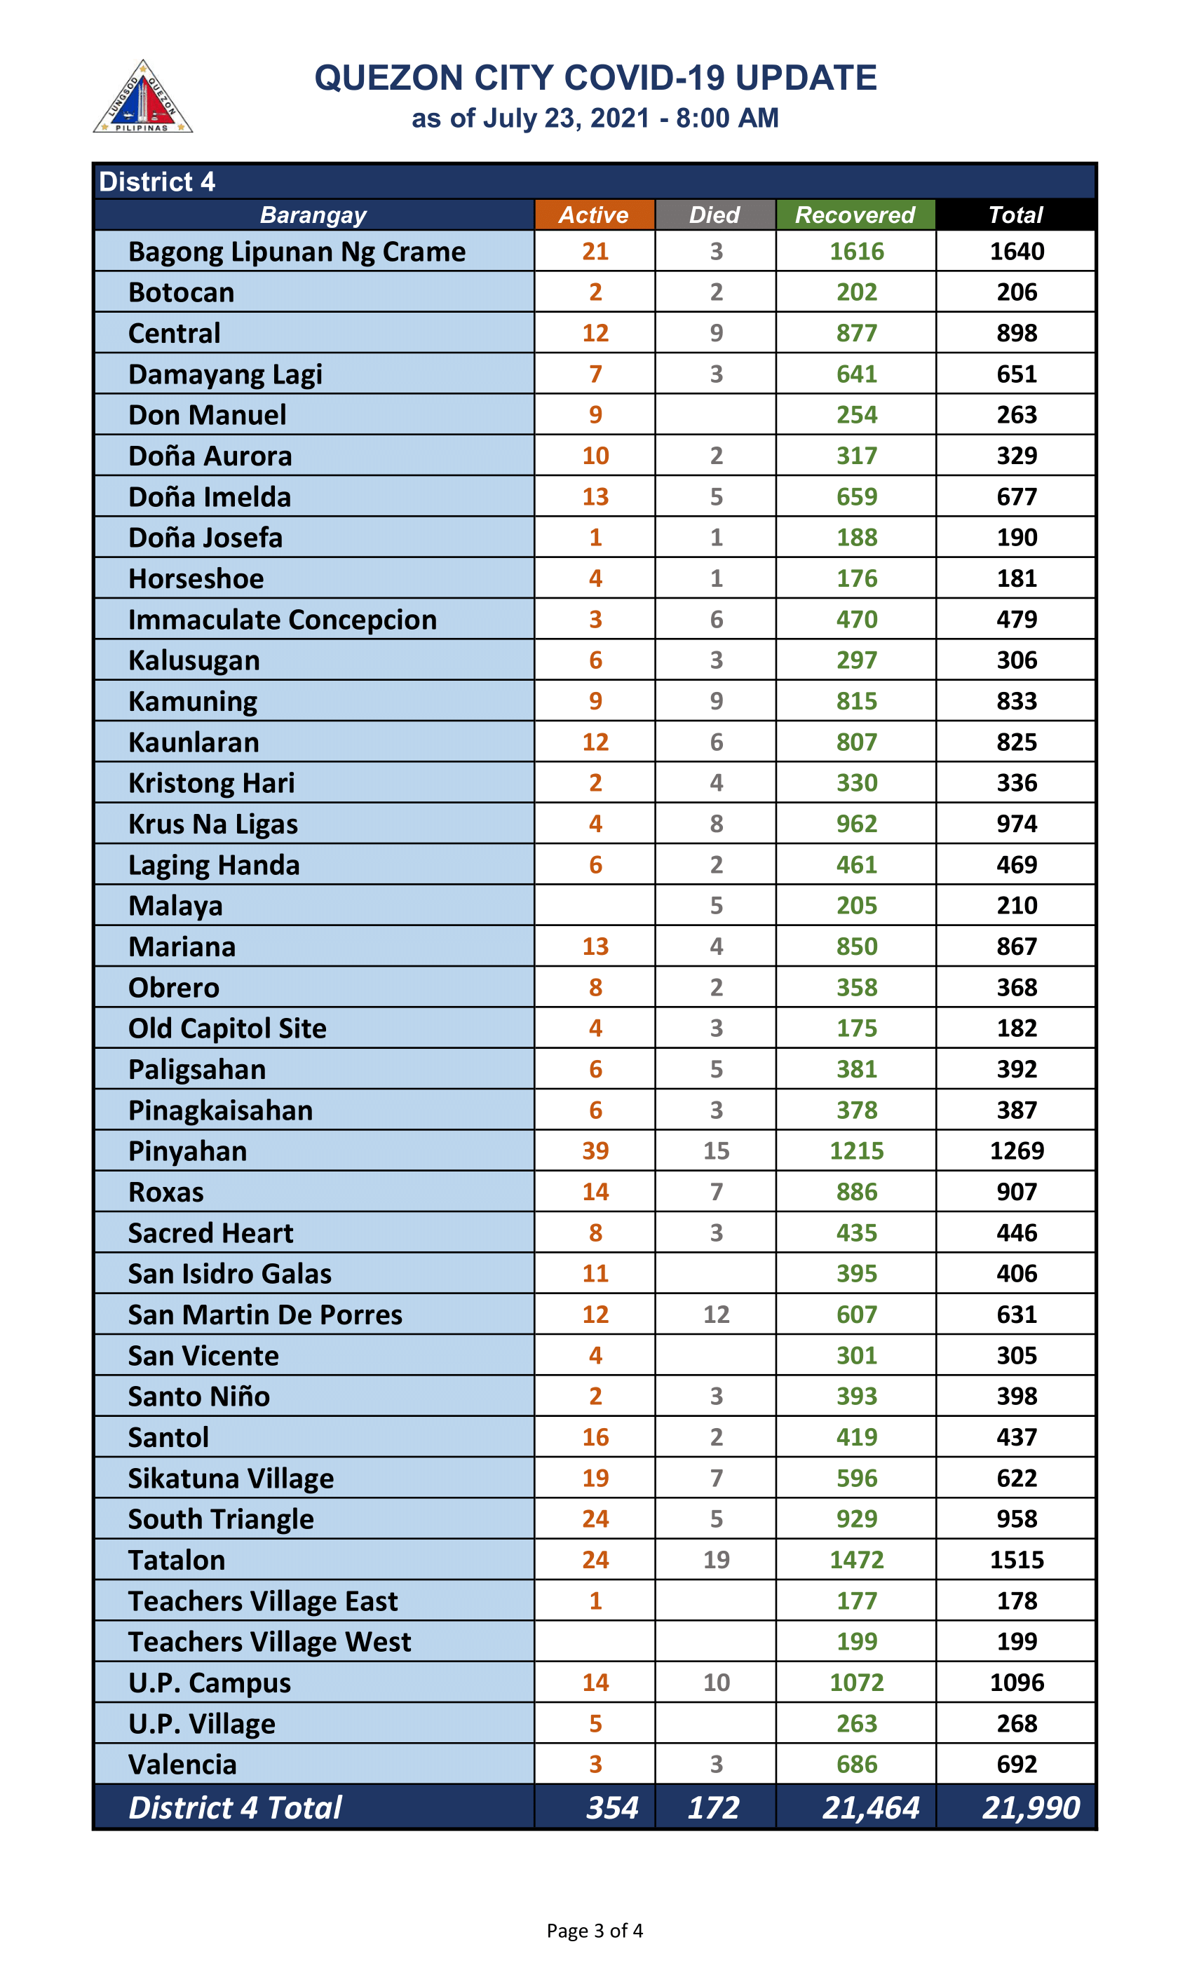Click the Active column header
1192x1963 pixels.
tap(594, 215)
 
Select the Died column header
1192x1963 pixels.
tap(714, 215)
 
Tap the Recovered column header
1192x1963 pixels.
tap(855, 215)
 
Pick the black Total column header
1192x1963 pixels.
tap(1015, 215)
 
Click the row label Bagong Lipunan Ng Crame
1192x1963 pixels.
tap(297, 252)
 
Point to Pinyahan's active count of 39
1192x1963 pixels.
tap(595, 1150)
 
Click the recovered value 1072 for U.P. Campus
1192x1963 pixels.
tap(857, 1682)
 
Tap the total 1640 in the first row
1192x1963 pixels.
tap(1016, 252)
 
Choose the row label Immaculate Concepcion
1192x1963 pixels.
tap(282, 619)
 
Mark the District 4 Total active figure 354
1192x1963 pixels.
tap(612, 1807)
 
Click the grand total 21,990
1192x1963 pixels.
tap(1030, 1807)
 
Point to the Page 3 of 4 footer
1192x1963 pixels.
tap(595, 1929)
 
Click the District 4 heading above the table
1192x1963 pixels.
tap(157, 182)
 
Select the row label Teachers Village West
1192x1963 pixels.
tap(269, 1641)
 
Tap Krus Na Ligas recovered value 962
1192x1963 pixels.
tap(857, 823)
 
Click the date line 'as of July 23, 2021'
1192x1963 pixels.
tap(595, 118)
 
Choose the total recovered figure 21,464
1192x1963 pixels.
tap(870, 1807)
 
